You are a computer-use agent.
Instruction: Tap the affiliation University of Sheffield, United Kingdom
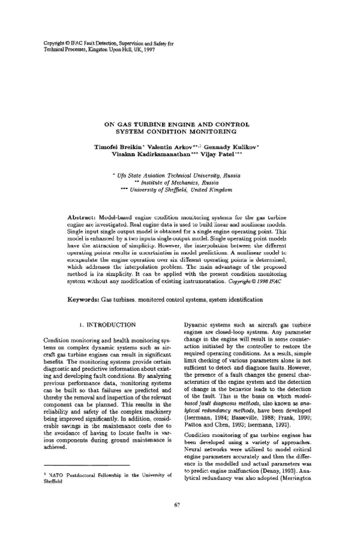coord(180,189)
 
